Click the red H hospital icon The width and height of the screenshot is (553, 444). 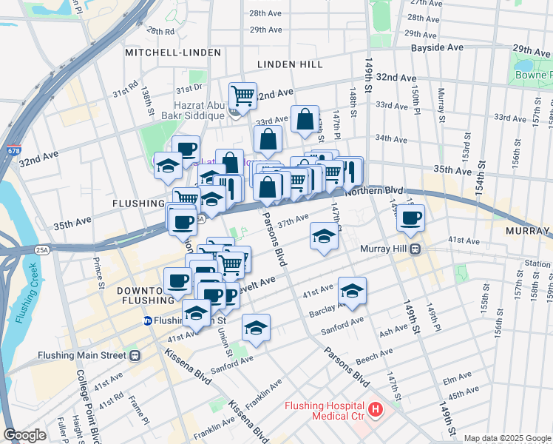(x=376, y=408)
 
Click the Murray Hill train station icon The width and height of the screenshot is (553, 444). (x=415, y=249)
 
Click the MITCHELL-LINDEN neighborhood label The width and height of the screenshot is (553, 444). (x=173, y=53)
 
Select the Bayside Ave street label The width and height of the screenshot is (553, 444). (x=437, y=47)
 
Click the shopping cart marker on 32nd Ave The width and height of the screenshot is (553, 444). (x=242, y=95)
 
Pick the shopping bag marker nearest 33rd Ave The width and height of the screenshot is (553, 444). (x=305, y=119)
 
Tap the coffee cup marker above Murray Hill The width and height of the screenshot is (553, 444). (x=410, y=218)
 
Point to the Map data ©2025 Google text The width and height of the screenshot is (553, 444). (x=506, y=438)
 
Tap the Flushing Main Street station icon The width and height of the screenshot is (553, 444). (x=135, y=355)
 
